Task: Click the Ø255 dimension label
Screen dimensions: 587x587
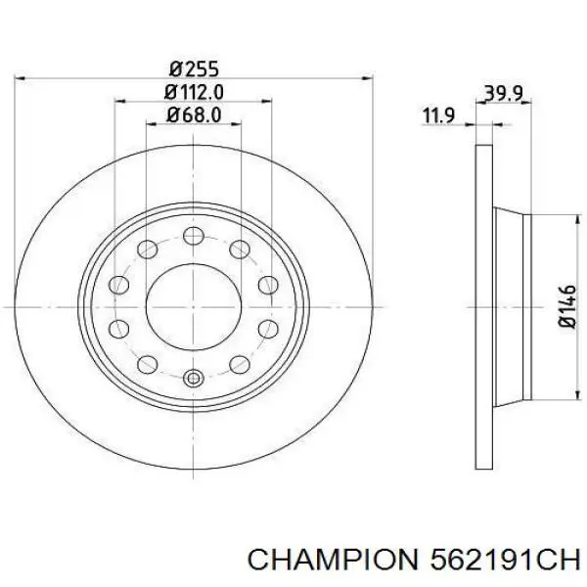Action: pos(194,69)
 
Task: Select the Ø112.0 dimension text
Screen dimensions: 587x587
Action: pos(194,92)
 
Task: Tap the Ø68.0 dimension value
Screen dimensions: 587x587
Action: pos(194,114)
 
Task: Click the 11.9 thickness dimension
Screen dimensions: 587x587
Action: pos(438,115)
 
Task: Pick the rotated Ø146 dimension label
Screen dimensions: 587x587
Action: pos(567,306)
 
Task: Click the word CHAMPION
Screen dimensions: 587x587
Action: pos(333,561)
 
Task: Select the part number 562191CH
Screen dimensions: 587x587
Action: pos(505,561)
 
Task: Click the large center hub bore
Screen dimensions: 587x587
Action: pos(193,307)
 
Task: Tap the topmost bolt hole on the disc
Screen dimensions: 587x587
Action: pos(194,236)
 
